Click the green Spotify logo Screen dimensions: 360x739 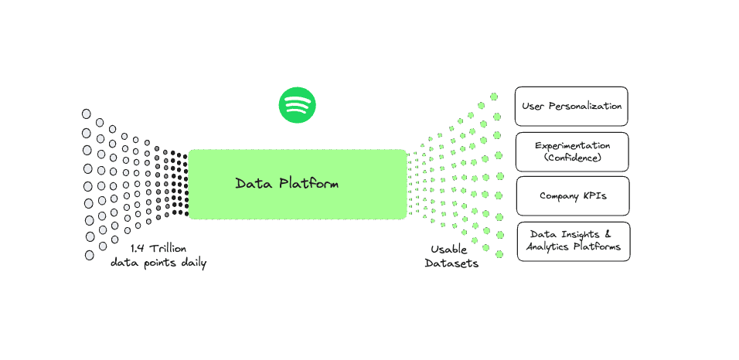coord(298,105)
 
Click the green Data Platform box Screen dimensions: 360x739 coord(298,185)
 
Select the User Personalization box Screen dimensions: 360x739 coord(571,106)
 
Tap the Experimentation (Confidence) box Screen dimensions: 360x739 coord(572,151)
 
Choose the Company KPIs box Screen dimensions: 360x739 coord(573,196)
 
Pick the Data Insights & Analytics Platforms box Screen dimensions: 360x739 coord(573,241)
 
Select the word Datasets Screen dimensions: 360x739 coord(454,263)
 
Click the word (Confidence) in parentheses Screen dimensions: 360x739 coord(572,158)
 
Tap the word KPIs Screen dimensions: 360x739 coord(594,196)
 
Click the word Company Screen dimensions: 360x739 coord(559,196)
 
